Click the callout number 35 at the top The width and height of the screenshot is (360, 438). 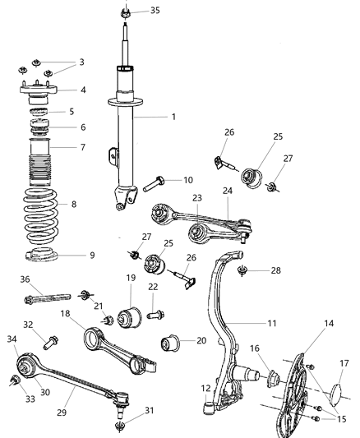click(155, 12)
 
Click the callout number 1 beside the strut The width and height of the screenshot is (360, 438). click(173, 118)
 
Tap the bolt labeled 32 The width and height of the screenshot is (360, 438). click(49, 337)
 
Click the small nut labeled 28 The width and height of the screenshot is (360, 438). click(242, 270)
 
